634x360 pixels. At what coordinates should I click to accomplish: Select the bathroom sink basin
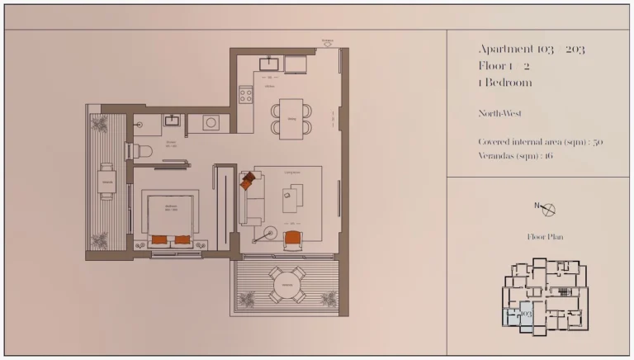coord(173,121)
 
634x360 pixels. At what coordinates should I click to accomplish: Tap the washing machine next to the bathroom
coord(211,122)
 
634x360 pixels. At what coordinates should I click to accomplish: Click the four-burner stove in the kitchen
coord(246,95)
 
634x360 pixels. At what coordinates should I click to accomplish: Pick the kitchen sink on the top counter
coord(270,64)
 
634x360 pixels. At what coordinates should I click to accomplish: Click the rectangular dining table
coord(291,116)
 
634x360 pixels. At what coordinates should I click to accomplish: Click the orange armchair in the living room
coord(292,239)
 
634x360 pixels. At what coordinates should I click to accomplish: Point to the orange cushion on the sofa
coord(247,182)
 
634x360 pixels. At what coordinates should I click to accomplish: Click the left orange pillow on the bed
coord(159,239)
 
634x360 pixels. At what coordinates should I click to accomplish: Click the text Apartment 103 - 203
coord(531,50)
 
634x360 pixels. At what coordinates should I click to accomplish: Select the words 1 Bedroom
coord(504,83)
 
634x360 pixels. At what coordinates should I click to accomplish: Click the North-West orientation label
coord(499,113)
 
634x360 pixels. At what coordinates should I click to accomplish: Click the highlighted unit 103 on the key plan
coord(523,315)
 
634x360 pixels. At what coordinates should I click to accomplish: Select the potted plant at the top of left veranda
coord(100,125)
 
